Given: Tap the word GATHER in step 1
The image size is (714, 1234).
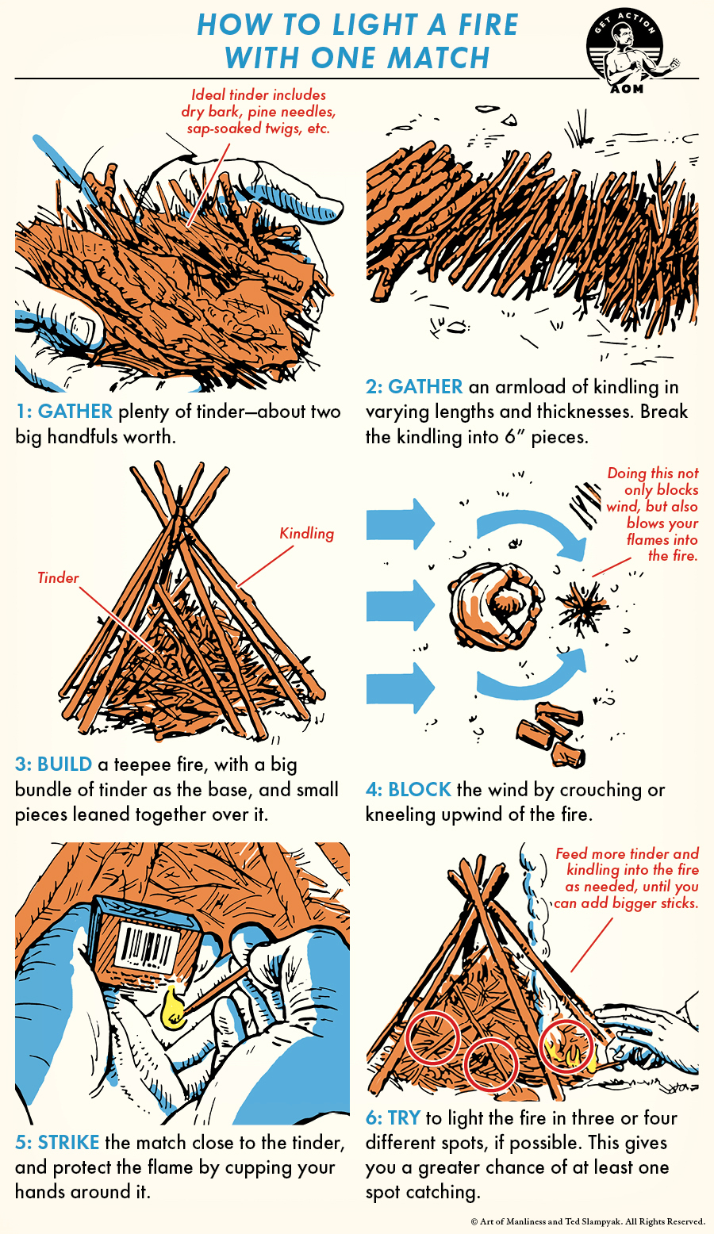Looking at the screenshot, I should [75, 412].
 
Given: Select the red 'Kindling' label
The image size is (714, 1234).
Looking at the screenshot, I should [306, 534].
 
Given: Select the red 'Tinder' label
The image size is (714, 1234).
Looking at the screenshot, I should [58, 577].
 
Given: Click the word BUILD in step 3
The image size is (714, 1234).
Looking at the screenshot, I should [64, 765].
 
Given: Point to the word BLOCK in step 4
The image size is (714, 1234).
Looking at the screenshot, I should [420, 790].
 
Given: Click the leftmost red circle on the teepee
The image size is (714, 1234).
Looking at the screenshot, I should [432, 1038].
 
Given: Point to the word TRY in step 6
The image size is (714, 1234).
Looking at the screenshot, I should [404, 1118].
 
